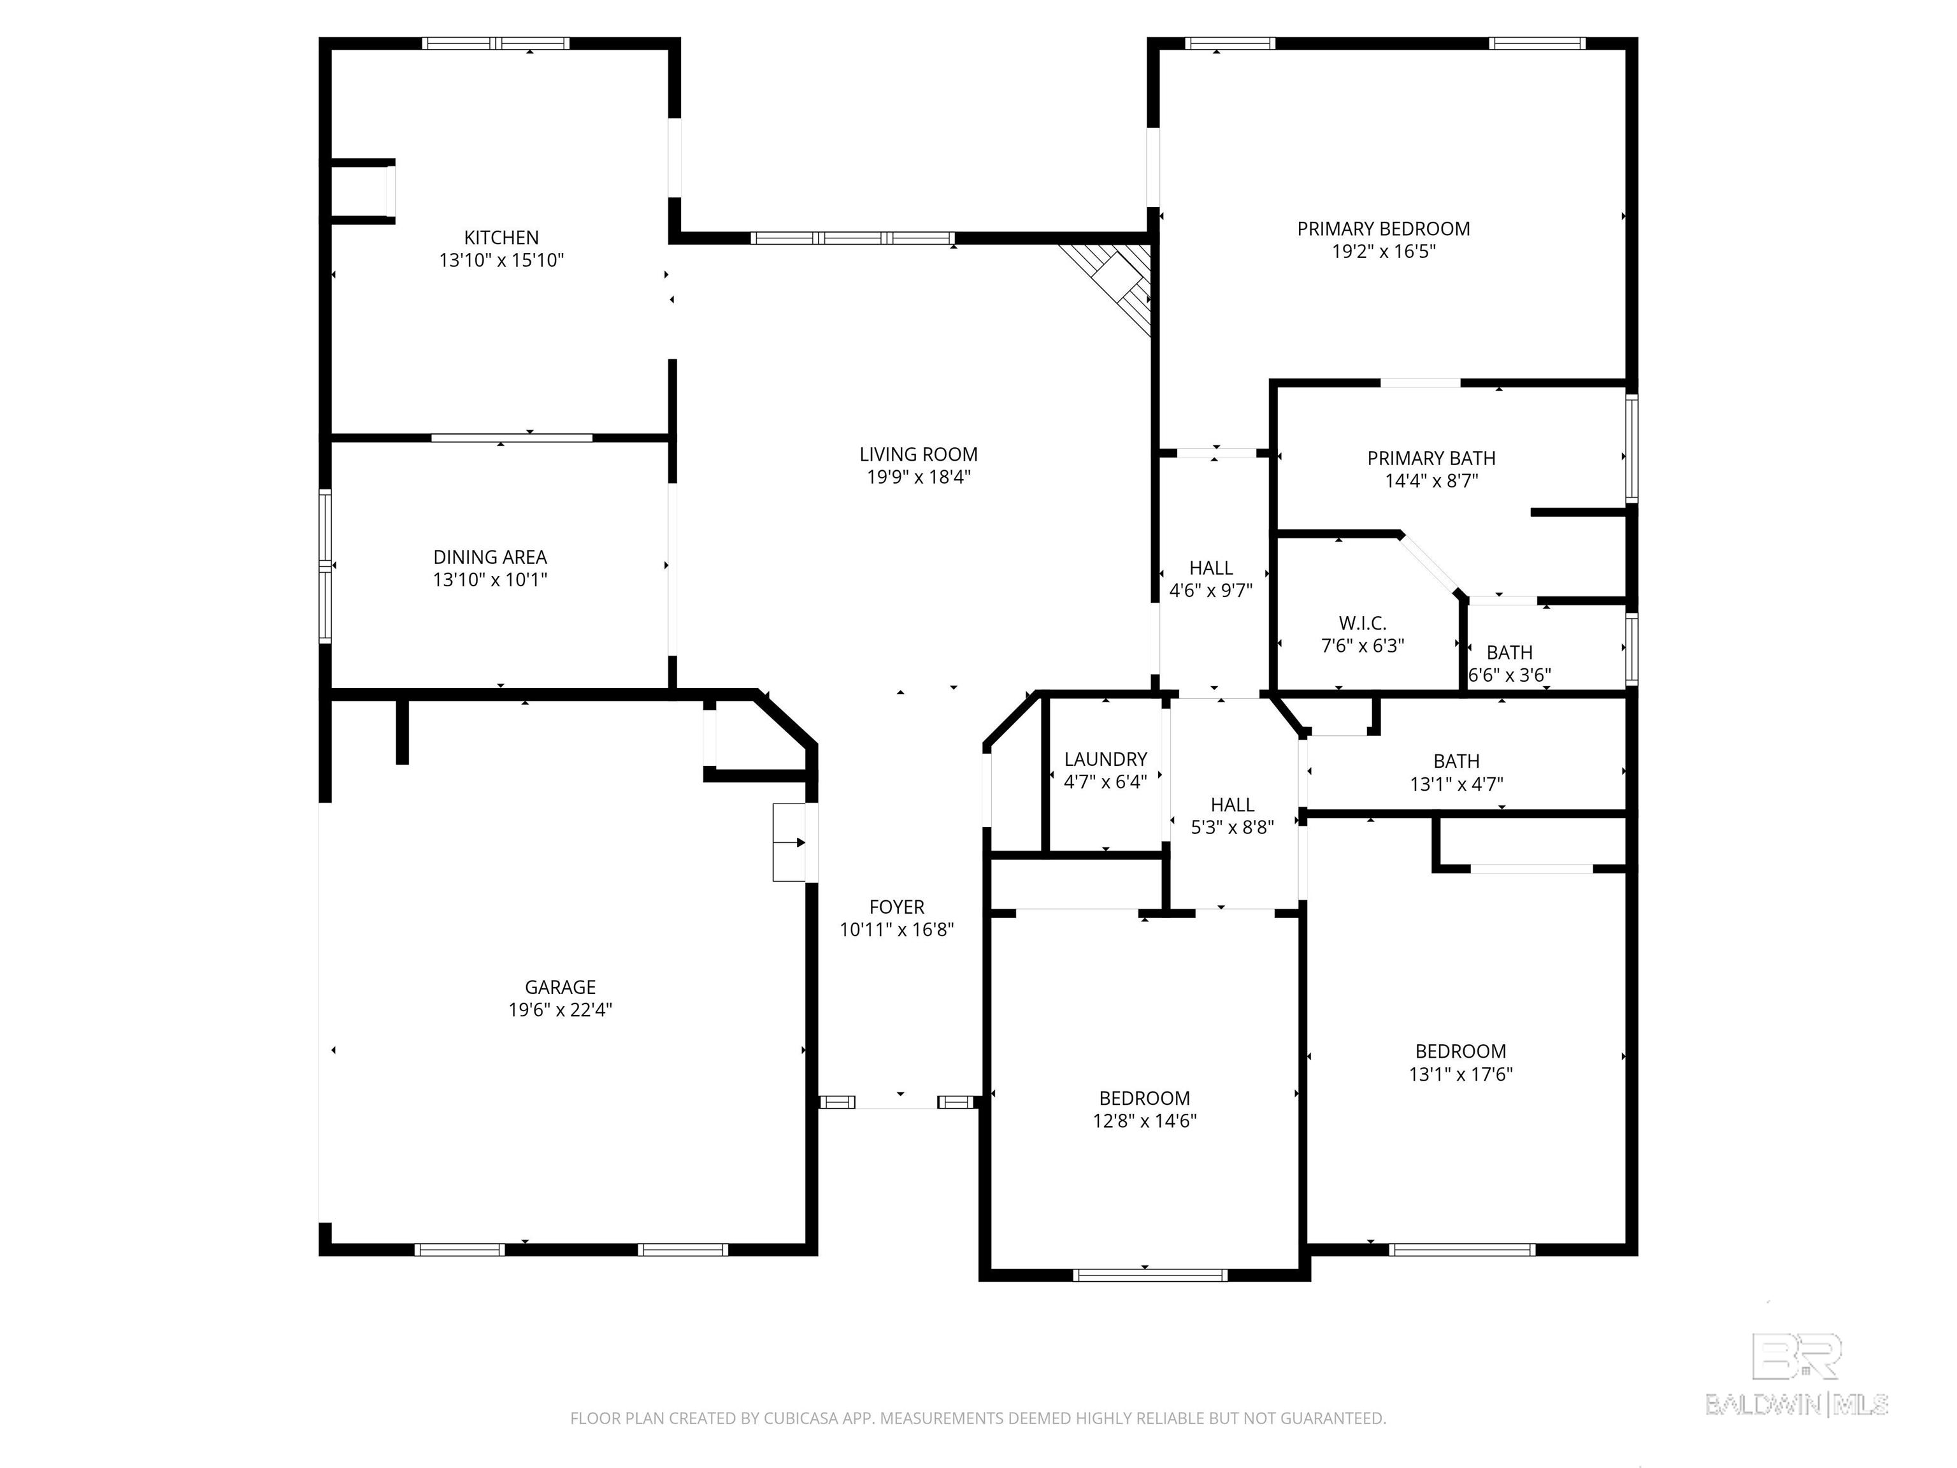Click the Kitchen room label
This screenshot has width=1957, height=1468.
point(501,237)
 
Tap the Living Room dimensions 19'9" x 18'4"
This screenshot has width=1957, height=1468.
point(919,477)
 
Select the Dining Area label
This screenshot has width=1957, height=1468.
point(490,557)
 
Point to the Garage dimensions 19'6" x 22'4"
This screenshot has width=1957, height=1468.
point(560,1010)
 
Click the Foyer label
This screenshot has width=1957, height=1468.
point(896,907)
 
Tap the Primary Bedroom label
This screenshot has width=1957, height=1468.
point(1384,228)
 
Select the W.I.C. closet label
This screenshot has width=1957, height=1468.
point(1363,623)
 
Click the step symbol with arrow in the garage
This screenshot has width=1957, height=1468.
point(789,842)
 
